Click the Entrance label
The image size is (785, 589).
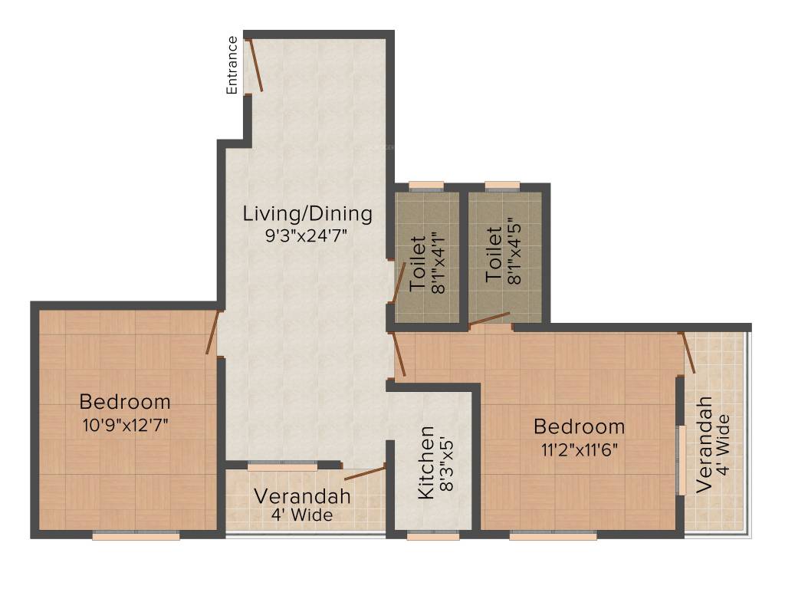pyautogui.click(x=232, y=64)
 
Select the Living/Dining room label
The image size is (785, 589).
pyautogui.click(x=307, y=213)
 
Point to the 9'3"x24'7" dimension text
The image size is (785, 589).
pyautogui.click(x=307, y=236)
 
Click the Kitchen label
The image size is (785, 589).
pyautogui.click(x=426, y=463)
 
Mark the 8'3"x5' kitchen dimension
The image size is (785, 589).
pyautogui.click(x=448, y=463)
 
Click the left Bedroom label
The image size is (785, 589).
pyautogui.click(x=125, y=402)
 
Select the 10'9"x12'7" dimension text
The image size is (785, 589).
pyautogui.click(x=125, y=425)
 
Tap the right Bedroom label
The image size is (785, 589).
pyautogui.click(x=580, y=426)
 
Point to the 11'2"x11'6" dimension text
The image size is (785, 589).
pyautogui.click(x=580, y=449)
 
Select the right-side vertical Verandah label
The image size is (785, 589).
pyautogui.click(x=704, y=445)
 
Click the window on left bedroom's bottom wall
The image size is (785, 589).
pyautogui.click(x=136, y=537)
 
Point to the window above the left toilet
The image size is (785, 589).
pyautogui.click(x=426, y=185)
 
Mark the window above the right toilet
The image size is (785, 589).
pyautogui.click(x=503, y=185)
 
